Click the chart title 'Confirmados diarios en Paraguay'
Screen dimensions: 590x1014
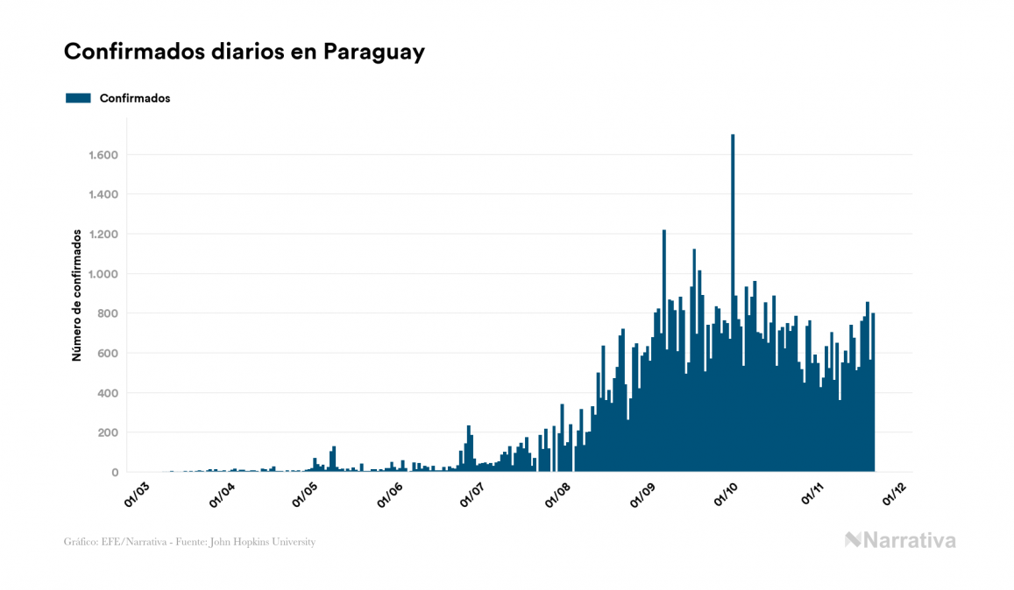click(x=245, y=52)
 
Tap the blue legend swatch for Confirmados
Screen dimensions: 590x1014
click(x=78, y=98)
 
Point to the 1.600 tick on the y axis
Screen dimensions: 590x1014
click(x=103, y=155)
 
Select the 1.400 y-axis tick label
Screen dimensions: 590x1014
click(x=103, y=194)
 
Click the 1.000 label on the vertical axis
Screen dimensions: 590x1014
click(x=103, y=274)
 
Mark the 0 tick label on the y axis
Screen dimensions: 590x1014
click(x=115, y=473)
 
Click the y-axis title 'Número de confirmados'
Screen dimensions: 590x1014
click(x=77, y=295)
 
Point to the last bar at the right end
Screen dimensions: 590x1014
click(x=873, y=394)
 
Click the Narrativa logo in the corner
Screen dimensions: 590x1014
click(x=900, y=540)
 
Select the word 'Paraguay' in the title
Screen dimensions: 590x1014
click(x=374, y=52)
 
